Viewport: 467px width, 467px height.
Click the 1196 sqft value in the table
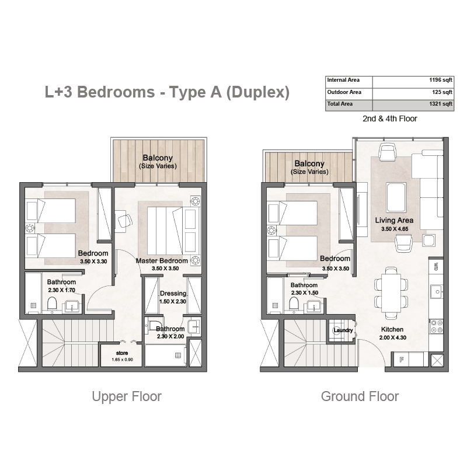(x=441, y=80)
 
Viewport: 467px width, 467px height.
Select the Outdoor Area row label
(x=344, y=92)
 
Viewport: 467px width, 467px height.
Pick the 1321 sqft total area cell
(x=441, y=104)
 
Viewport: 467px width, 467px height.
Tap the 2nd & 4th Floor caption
(x=389, y=119)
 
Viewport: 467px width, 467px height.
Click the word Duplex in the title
(x=258, y=92)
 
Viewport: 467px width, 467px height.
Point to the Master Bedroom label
(x=162, y=260)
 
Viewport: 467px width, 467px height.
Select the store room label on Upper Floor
(x=122, y=353)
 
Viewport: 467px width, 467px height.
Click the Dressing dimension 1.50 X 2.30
(x=172, y=301)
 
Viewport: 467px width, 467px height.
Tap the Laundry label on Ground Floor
(x=343, y=330)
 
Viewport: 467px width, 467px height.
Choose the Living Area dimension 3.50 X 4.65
(x=395, y=229)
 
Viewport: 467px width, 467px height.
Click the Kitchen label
(x=392, y=329)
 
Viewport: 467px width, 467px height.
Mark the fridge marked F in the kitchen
(x=401, y=360)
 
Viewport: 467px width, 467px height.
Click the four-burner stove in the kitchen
(x=436, y=326)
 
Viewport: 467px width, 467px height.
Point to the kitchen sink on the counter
(x=437, y=291)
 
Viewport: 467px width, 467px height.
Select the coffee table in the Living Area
(x=396, y=197)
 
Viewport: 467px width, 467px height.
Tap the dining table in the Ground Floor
(x=391, y=293)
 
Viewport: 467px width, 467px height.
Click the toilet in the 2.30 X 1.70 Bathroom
(x=52, y=304)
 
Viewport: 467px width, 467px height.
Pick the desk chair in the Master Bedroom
(x=125, y=221)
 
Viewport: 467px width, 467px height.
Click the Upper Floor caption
(x=127, y=396)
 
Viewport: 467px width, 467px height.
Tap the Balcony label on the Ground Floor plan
(x=309, y=163)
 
